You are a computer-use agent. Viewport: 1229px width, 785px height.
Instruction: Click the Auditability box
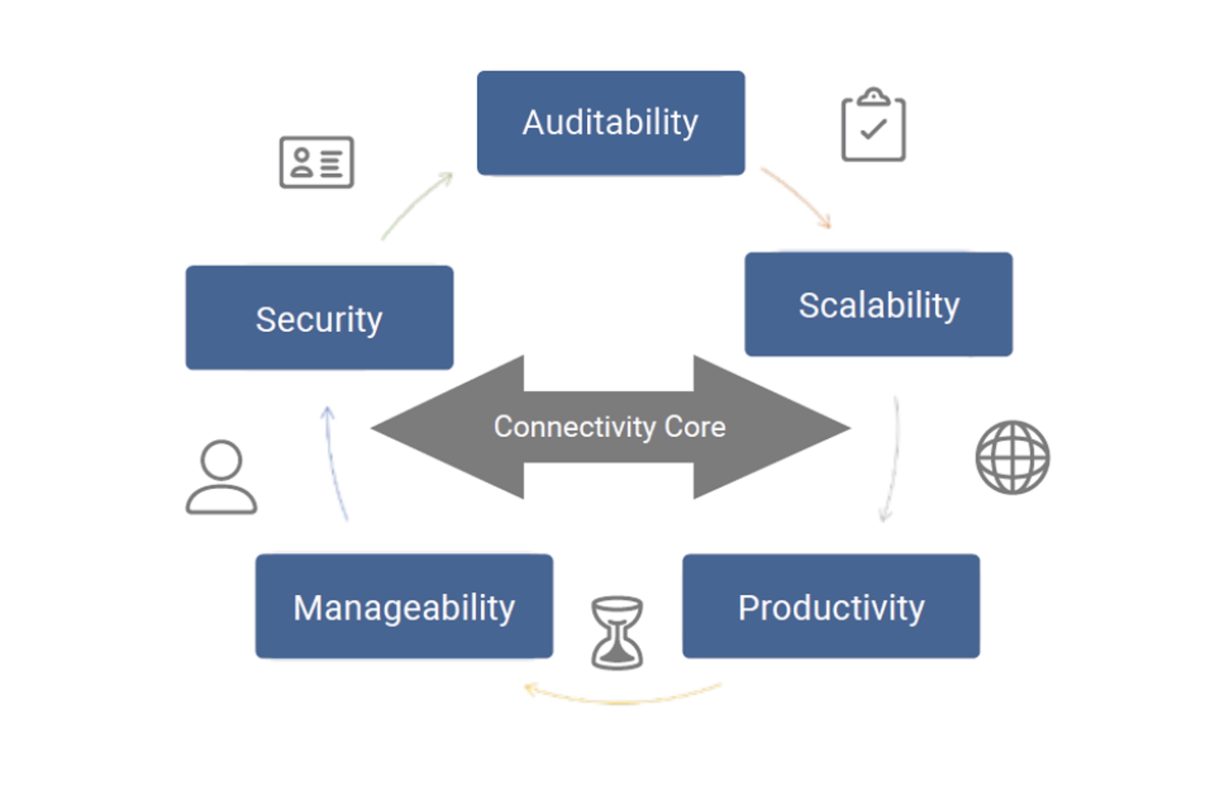610,123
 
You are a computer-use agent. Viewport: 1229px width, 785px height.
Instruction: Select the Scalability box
878,304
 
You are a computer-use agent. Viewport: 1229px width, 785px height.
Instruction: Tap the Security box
319,317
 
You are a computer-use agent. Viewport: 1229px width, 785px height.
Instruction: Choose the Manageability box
404,606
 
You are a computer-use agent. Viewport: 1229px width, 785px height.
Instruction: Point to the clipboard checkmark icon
873,125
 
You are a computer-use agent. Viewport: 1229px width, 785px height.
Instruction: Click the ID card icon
316,162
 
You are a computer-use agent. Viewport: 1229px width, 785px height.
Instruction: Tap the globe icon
1013,457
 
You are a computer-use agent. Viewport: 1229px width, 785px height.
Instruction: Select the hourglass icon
617,633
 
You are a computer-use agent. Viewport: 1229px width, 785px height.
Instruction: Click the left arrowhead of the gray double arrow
448,427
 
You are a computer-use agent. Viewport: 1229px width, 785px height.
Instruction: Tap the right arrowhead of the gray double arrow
772,427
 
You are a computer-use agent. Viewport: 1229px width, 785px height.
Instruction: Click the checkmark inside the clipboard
873,129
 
